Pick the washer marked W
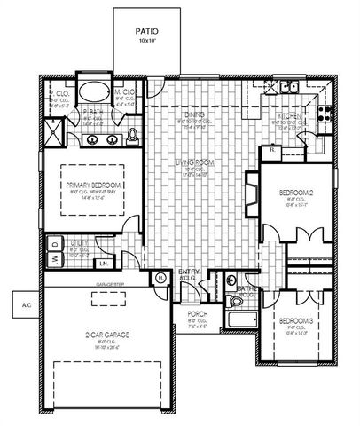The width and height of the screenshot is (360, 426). coord(53,258)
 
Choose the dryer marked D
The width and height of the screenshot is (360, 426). coord(53,241)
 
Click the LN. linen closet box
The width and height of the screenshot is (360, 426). coord(104,263)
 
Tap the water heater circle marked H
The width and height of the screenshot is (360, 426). coord(161,278)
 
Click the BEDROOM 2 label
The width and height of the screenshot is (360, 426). coord(294,192)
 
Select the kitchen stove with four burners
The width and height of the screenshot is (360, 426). coord(326,114)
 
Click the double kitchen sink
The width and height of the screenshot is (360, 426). coord(290,87)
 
